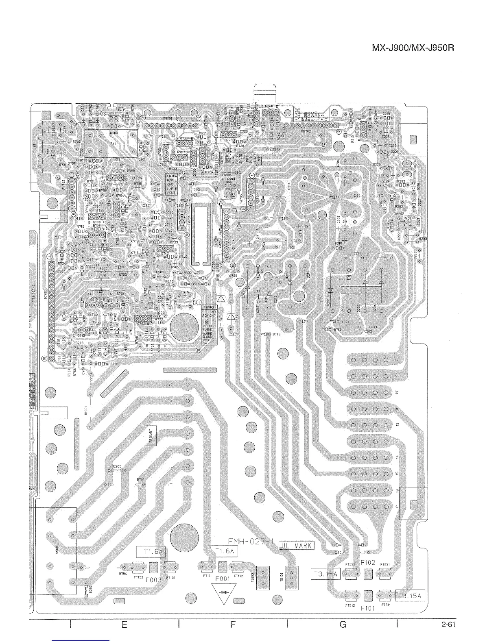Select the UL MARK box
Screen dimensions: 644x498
click(295, 546)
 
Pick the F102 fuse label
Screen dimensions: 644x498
click(367, 563)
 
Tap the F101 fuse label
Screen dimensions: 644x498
click(367, 609)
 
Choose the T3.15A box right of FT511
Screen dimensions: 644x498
click(410, 596)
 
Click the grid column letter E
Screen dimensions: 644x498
click(124, 625)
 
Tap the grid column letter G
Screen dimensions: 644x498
click(343, 625)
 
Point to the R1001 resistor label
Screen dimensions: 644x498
click(86, 410)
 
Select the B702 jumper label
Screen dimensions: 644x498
click(277, 334)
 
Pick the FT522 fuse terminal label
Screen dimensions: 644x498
click(350, 565)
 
